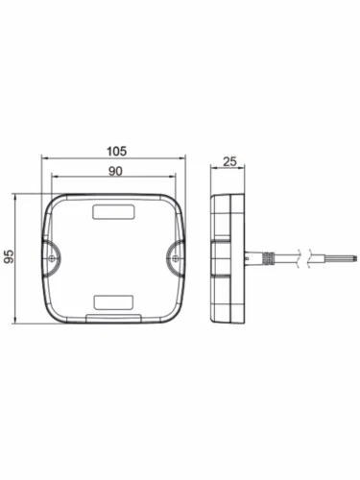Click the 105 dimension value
pyautogui.click(x=116, y=151)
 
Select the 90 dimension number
pyautogui.click(x=115, y=171)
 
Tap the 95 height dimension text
pyautogui.click(x=9, y=256)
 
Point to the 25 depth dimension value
pyautogui.click(x=229, y=161)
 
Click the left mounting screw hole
pyautogui.click(x=52, y=258)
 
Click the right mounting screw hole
pyautogui.click(x=175, y=258)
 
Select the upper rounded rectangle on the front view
pyautogui.click(x=113, y=212)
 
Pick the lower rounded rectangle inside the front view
pyautogui.click(x=113, y=302)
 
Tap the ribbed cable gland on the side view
pyautogui.click(x=268, y=258)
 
